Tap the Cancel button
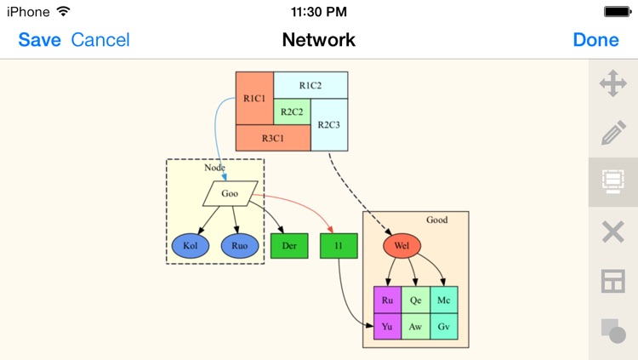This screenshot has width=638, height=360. click(100, 40)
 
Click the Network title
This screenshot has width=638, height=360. click(318, 40)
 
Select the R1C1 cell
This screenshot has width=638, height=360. click(253, 99)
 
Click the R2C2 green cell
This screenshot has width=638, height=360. click(292, 111)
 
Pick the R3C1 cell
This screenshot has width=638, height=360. click(272, 138)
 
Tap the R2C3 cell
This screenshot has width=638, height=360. click(329, 125)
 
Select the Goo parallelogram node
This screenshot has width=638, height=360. click(230, 193)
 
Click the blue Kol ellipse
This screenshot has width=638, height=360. click(191, 246)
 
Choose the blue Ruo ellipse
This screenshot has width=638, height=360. click(240, 246)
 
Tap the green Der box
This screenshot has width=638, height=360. click(288, 246)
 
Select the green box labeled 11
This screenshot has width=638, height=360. click(338, 246)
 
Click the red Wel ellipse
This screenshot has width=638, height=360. click(402, 246)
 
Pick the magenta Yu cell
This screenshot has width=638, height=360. click(387, 326)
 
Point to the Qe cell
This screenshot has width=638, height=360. click(415, 300)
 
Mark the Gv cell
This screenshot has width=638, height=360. click(444, 326)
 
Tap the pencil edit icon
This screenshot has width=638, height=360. click(612, 133)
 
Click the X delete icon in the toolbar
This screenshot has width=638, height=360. click(612, 231)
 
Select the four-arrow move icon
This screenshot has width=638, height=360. click(612, 84)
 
